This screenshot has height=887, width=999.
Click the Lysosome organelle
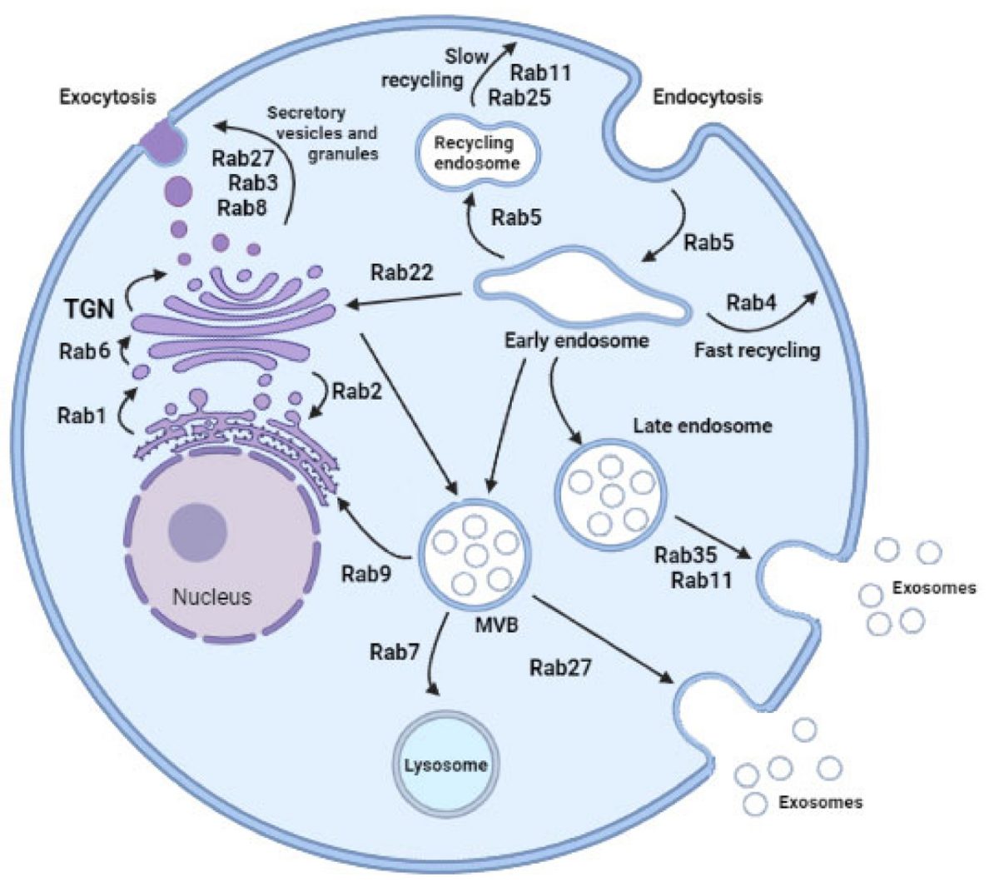[x=445, y=765]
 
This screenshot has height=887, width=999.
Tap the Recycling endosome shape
[x=477, y=153]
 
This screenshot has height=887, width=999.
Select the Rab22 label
[x=402, y=272]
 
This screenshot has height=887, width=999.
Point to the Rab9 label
[x=366, y=573]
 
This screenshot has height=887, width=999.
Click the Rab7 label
[x=395, y=652]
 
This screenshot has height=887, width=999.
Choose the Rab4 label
[x=752, y=302]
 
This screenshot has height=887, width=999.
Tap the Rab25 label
[x=519, y=97]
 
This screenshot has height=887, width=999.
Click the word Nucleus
[x=212, y=597]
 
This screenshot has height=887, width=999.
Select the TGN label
[x=90, y=309]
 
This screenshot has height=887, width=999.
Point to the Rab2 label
[x=357, y=391]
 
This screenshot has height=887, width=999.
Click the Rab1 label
[x=82, y=415]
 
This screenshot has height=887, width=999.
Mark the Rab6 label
[x=85, y=351]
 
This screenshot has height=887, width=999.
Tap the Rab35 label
[x=685, y=555]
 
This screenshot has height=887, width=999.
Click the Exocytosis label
[x=107, y=97]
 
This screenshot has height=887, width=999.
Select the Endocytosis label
[x=708, y=97]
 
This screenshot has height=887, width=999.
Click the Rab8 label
[x=242, y=207]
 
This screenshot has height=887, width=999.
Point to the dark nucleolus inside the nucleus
[x=197, y=532]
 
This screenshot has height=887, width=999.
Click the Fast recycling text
[x=758, y=351]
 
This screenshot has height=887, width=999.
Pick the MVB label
[x=496, y=625]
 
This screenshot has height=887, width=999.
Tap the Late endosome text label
[x=703, y=426]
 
